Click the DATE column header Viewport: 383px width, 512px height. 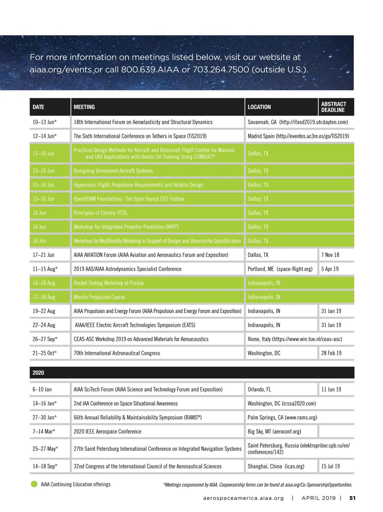click(38, 107)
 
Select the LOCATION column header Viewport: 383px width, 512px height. click(259, 107)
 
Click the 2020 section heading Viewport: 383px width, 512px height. click(38, 373)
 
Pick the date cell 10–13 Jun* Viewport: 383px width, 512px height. click(45, 122)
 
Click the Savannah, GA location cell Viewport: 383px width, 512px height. click(297, 122)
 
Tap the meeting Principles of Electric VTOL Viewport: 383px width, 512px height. click(101, 213)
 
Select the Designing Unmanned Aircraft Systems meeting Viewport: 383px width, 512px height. click(113, 171)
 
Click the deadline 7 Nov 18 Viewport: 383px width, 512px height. click(330, 255)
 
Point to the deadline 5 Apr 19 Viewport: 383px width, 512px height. click(330, 269)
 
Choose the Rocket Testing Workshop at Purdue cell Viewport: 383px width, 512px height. click(109, 283)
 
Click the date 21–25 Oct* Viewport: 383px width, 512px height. click(45, 353)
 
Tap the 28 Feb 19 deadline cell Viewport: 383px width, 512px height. click(331, 353)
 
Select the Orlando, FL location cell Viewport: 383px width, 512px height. click(259, 389)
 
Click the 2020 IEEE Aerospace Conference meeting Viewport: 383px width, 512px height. click(107, 431)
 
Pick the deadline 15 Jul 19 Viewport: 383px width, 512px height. click(330, 466)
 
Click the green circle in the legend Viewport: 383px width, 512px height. click(34, 484)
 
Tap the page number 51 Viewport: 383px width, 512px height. click(352, 498)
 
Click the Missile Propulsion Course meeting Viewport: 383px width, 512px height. click(99, 297)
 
